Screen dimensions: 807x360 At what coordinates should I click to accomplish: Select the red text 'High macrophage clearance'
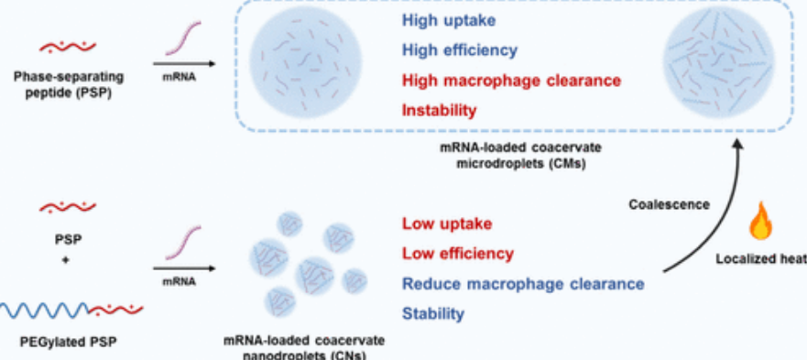pos(511,81)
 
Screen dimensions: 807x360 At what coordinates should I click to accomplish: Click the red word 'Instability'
pos(439,110)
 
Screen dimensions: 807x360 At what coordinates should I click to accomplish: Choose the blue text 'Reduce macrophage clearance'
pos(523,284)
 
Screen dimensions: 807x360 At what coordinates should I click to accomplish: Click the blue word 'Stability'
pos(433,313)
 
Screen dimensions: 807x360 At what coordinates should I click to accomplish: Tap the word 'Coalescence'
pos(669,204)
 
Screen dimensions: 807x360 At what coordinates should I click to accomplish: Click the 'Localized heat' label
pos(761,259)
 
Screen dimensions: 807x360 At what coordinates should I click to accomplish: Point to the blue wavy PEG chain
pos(44,310)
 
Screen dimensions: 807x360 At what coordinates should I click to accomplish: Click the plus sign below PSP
pos(65,260)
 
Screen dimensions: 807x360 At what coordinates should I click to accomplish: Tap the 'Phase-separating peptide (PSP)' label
pos(68,86)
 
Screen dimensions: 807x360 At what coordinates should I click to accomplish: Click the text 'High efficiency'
pos(460,50)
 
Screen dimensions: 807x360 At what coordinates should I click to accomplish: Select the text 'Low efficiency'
pos(458,254)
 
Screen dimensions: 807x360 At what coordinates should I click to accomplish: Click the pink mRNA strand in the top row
pos(182,38)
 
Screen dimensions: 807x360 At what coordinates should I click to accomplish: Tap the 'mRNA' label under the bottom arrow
pos(180,282)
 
